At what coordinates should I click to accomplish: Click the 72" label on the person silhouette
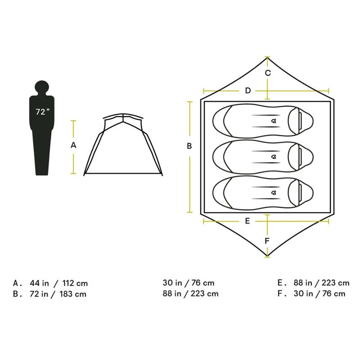pos(41,112)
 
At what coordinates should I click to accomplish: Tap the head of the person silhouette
pos(41,86)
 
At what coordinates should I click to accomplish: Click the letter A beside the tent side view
pos(74,145)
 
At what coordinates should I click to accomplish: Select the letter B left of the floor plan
pos(189,146)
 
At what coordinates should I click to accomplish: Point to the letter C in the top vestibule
pos(268,73)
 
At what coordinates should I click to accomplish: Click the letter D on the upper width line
pos(247,90)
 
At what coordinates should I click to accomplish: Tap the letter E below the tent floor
pos(247,221)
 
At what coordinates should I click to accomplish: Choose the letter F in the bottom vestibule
pos(267,241)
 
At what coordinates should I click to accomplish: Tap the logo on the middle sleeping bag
pos(274,157)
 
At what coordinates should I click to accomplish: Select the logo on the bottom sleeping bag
pos(274,193)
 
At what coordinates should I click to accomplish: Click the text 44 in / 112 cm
pos(58,283)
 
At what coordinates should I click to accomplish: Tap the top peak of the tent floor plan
pos(268,58)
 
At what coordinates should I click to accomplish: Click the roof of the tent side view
pos(124,115)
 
